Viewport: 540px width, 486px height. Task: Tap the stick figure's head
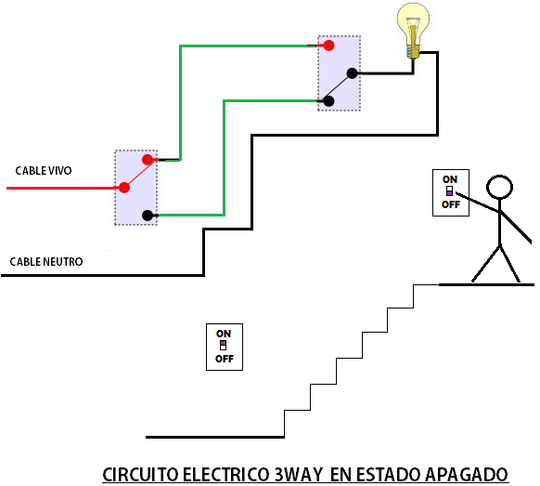500,187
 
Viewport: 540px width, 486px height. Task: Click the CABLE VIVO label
44,171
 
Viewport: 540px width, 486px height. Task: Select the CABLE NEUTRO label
46,262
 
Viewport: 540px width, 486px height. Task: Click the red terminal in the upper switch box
328,45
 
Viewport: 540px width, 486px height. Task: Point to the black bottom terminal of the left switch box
148,216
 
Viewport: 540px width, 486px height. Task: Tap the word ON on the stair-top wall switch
450,179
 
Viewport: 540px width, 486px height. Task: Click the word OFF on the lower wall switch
225,359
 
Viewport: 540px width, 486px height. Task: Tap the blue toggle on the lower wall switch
224,345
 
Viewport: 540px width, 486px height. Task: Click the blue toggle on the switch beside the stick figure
450,191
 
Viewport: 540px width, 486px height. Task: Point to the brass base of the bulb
414,54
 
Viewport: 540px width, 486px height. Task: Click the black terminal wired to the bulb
352,73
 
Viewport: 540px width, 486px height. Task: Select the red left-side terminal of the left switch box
122,187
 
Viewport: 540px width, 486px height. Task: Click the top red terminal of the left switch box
147,160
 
